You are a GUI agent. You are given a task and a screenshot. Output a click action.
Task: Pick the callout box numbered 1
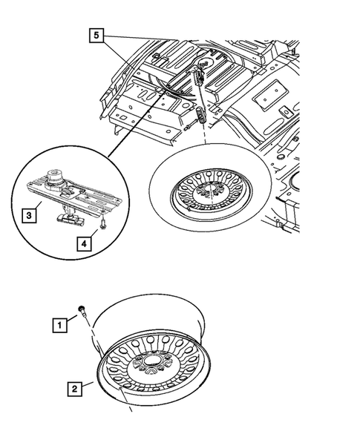56,323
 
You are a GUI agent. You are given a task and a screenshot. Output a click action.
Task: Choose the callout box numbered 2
74,387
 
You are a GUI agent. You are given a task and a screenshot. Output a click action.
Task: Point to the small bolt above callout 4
104,225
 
